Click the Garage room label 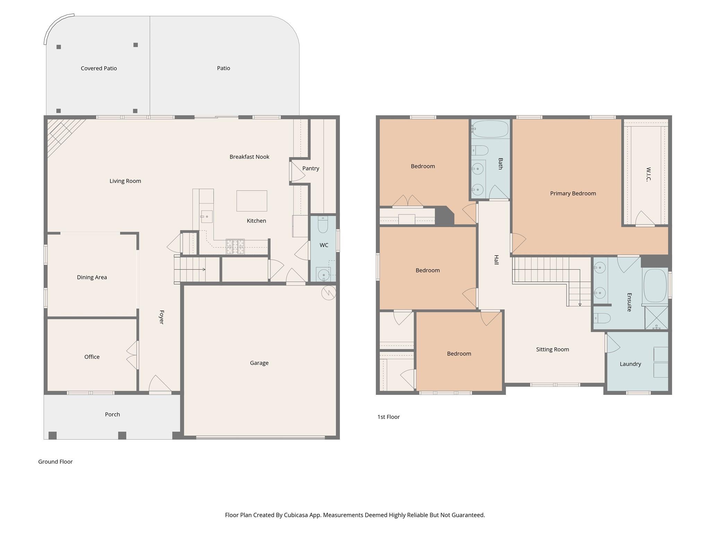[259, 363]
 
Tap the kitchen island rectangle [252, 201]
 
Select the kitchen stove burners [235, 246]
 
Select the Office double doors [132, 355]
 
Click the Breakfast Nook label [249, 157]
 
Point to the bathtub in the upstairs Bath [490, 129]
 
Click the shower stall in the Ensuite [656, 318]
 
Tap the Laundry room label [630, 364]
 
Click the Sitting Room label [552, 349]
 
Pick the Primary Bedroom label [573, 194]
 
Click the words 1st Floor [388, 417]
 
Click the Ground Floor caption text [55, 462]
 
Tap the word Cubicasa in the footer [297, 515]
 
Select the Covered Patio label [99, 68]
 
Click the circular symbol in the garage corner [328, 293]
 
